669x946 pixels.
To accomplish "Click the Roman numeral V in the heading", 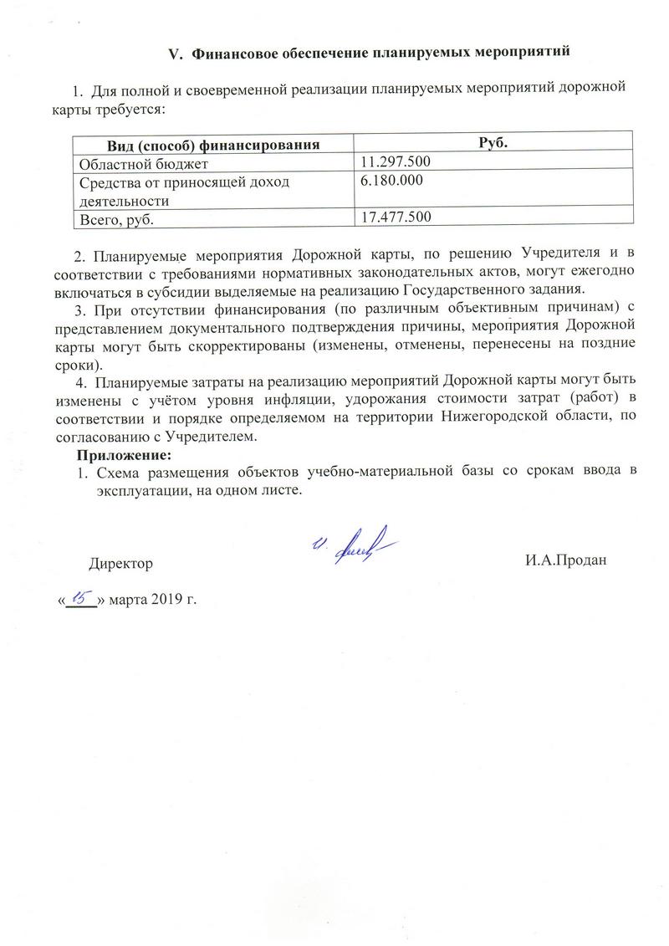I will pyautogui.click(x=175, y=54).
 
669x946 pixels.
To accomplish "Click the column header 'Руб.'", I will pyautogui.click(x=493, y=144).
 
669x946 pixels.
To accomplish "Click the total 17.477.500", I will pyautogui.click(x=396, y=217).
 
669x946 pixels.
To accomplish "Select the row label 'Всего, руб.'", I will pyautogui.click(x=118, y=219).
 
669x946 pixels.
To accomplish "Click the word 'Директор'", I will pyautogui.click(x=121, y=563).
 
